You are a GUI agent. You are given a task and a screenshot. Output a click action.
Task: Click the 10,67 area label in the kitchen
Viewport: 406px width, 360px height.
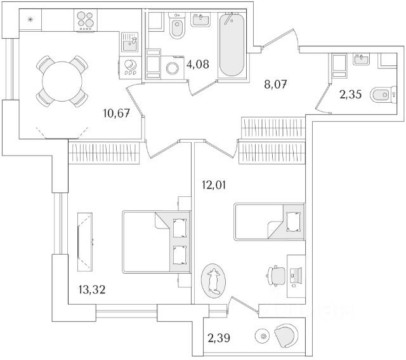tap(117, 114)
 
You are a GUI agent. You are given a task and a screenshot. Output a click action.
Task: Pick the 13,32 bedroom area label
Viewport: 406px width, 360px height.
tap(89, 290)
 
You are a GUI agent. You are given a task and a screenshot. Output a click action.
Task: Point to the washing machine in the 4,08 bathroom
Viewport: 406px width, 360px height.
tap(171, 69)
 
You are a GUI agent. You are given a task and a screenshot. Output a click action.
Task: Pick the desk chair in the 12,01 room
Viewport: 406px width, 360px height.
tap(275, 275)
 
